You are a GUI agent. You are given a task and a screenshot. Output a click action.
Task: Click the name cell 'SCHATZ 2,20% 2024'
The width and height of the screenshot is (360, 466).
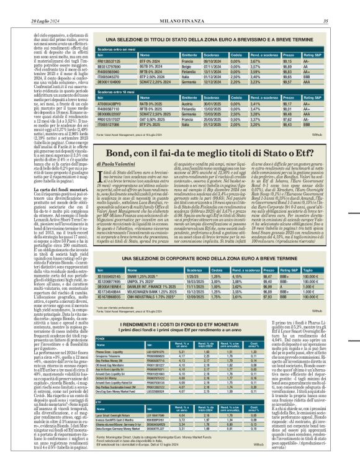pyautogui.click(x=140, y=81)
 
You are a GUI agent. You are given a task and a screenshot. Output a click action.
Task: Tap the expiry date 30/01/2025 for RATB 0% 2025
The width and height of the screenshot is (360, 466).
pyautogui.click(x=212, y=104)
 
